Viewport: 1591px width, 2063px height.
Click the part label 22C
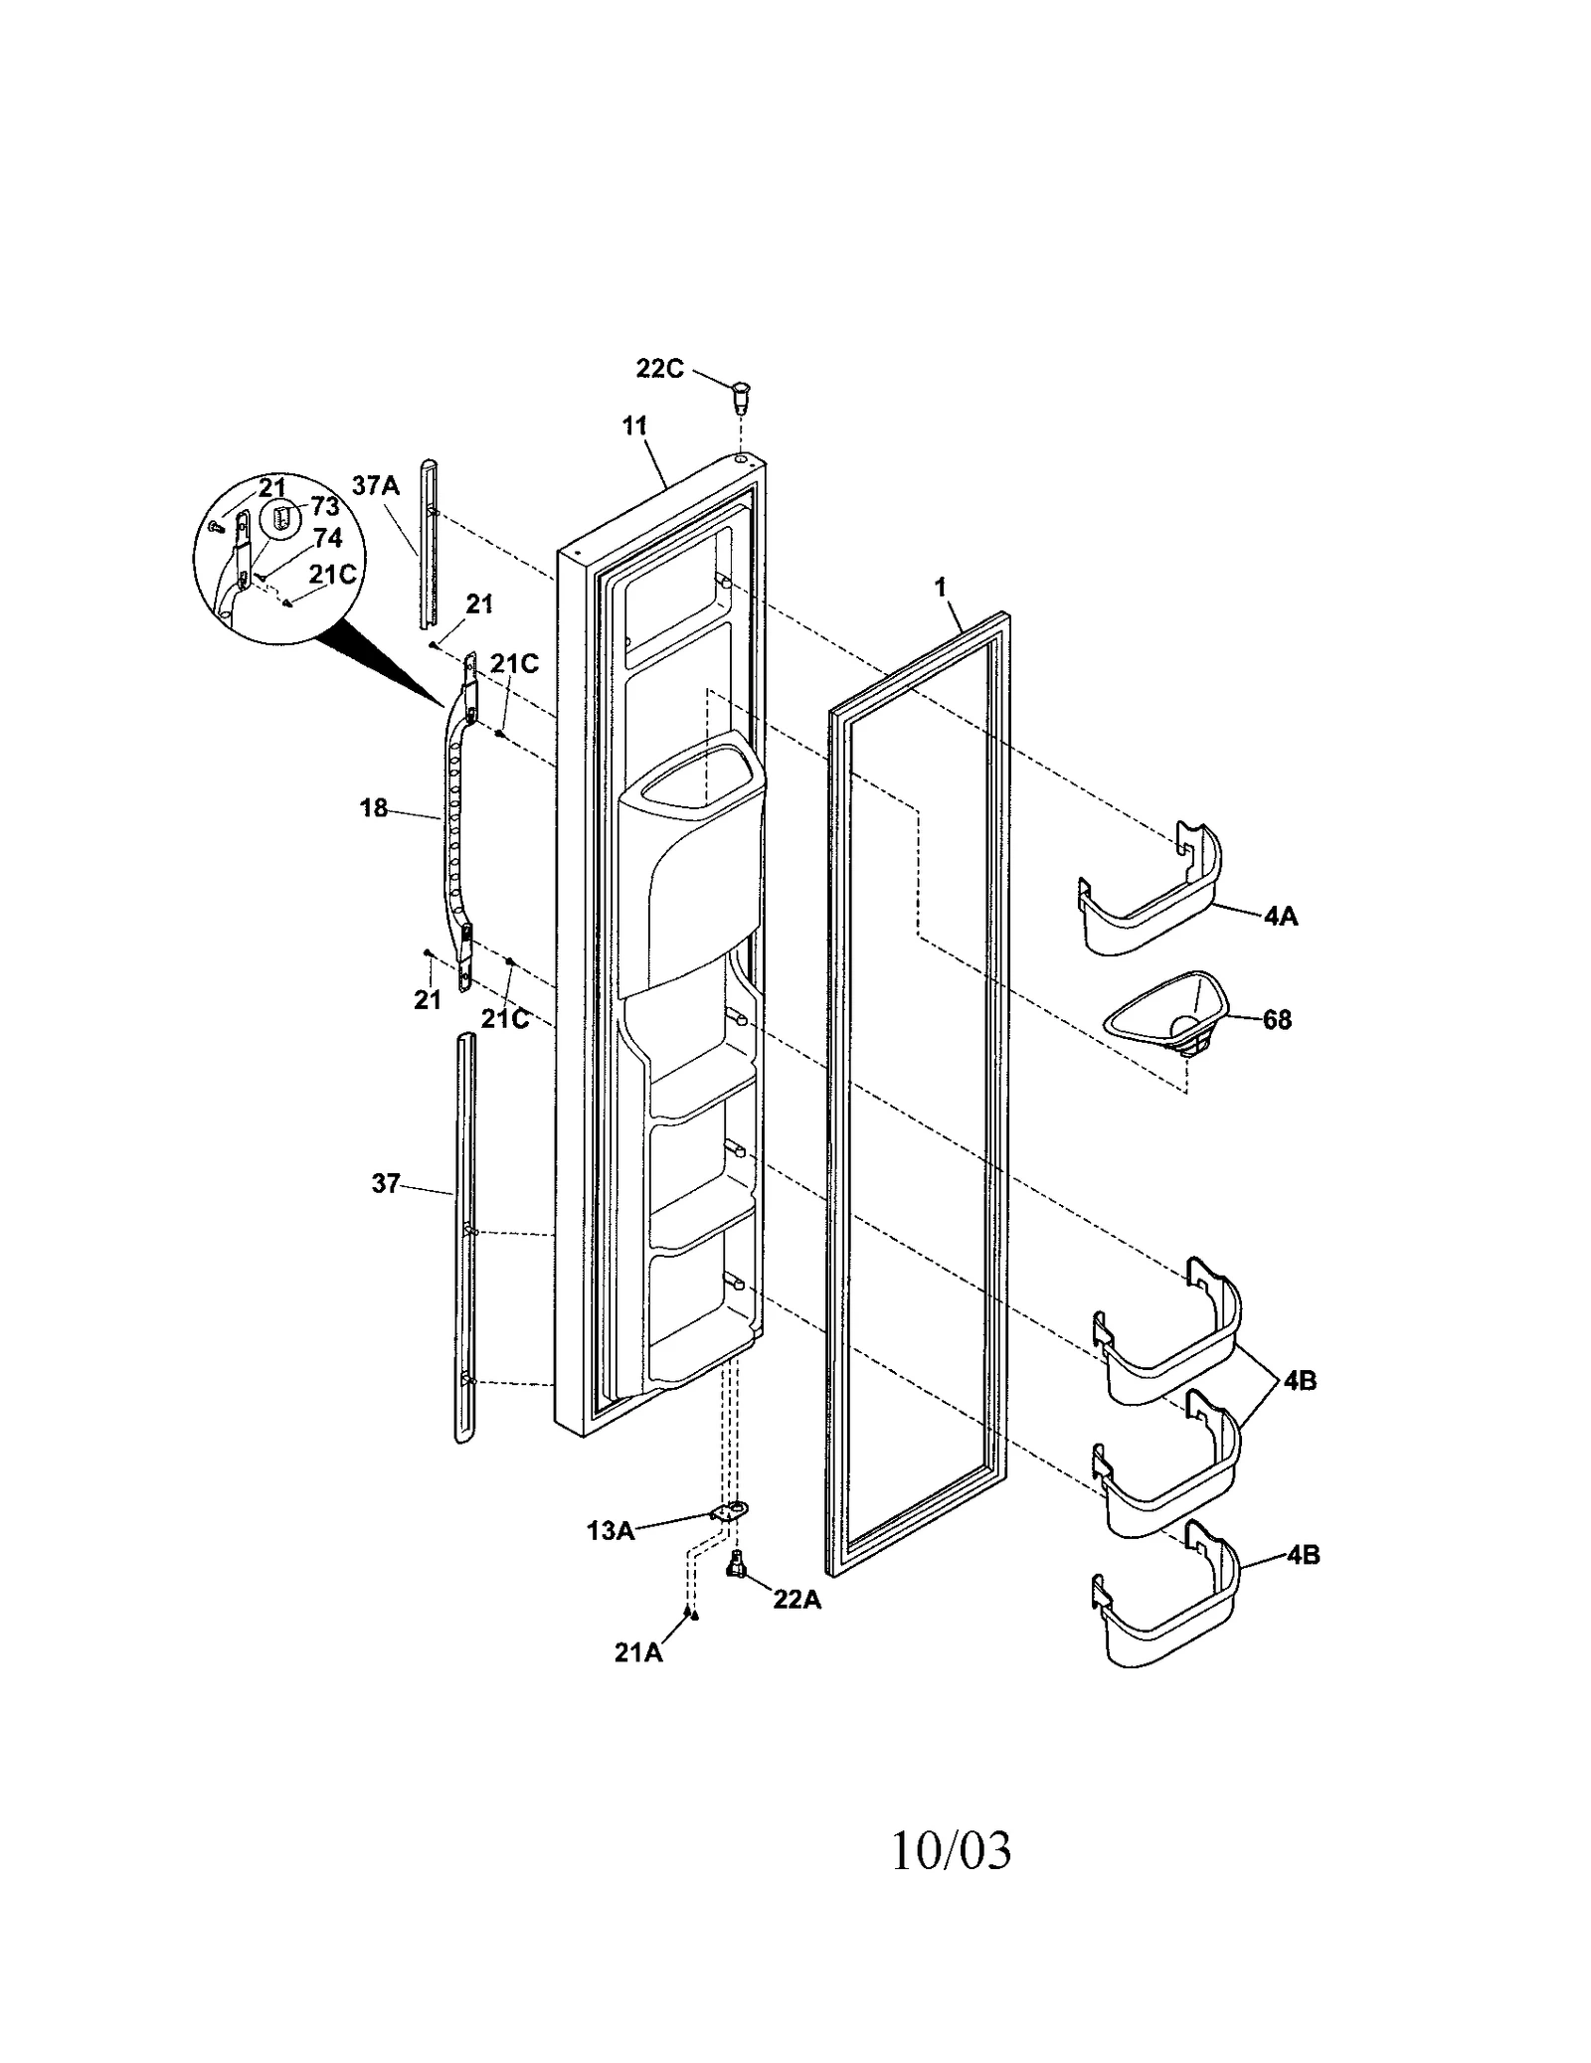coord(659,369)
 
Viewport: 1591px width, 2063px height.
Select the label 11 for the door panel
coord(634,427)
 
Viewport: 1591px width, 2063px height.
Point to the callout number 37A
coord(375,486)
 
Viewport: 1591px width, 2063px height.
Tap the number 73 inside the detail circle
coord(325,508)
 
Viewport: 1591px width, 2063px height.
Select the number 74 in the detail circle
coord(327,538)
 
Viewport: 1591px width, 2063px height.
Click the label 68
coord(1277,1020)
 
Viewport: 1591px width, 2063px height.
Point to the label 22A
coord(797,1600)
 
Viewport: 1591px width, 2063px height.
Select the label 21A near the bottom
coord(637,1651)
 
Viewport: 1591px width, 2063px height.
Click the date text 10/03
coord(951,1851)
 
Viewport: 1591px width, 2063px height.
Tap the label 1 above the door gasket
coord(940,588)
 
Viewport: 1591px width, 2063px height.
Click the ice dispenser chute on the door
coord(691,865)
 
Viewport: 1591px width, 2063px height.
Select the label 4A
coord(1281,917)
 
